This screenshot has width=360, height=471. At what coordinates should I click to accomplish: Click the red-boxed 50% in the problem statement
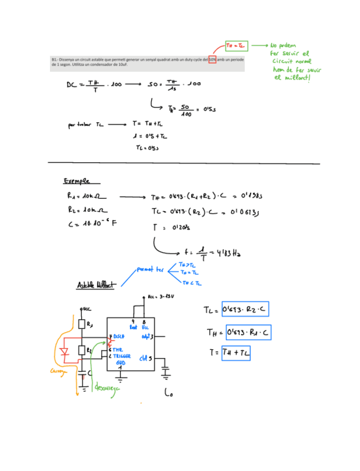click(212, 59)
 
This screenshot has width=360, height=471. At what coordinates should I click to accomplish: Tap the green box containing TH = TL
click(237, 44)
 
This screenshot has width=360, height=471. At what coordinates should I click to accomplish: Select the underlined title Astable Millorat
click(96, 285)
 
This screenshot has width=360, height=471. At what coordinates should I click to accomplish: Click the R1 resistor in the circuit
click(82, 324)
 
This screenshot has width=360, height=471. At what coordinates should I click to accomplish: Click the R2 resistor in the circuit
click(82, 350)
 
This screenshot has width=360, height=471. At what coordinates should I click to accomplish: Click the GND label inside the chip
click(120, 363)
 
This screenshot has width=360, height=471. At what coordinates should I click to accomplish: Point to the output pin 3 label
click(147, 337)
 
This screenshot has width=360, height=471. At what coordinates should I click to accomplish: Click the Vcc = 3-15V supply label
click(161, 297)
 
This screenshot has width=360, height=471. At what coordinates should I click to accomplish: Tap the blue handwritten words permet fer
click(151, 269)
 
